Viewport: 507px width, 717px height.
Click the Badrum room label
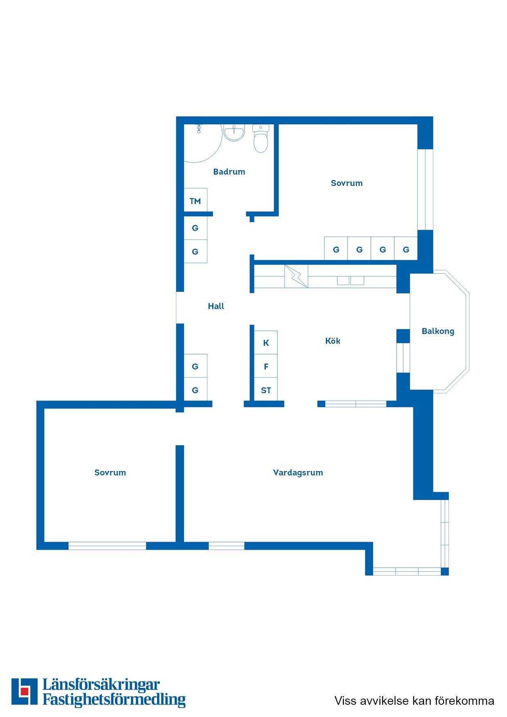point(229,172)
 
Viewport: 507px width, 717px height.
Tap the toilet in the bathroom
point(261,139)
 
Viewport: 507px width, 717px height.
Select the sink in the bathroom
point(234,133)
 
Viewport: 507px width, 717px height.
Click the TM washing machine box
point(195,201)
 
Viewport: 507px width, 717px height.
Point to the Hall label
point(216,306)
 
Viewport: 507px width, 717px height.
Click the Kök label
point(333,341)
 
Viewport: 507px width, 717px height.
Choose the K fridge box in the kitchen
point(266,343)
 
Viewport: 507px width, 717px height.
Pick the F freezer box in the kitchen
point(266,366)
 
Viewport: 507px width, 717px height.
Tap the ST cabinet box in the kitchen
point(266,390)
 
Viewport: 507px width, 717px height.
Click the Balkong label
point(438,332)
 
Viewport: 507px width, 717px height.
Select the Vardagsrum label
point(298,473)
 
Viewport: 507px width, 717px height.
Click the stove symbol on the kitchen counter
point(296,276)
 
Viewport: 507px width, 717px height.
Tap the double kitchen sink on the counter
point(350,280)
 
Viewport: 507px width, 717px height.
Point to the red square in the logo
point(25,691)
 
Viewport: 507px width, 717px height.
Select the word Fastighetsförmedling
point(114,699)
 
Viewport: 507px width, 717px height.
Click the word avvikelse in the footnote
point(385,701)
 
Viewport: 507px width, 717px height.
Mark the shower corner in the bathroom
point(203,143)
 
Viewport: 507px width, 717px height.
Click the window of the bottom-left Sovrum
point(107,546)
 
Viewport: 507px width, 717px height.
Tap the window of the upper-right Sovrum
point(425,190)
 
